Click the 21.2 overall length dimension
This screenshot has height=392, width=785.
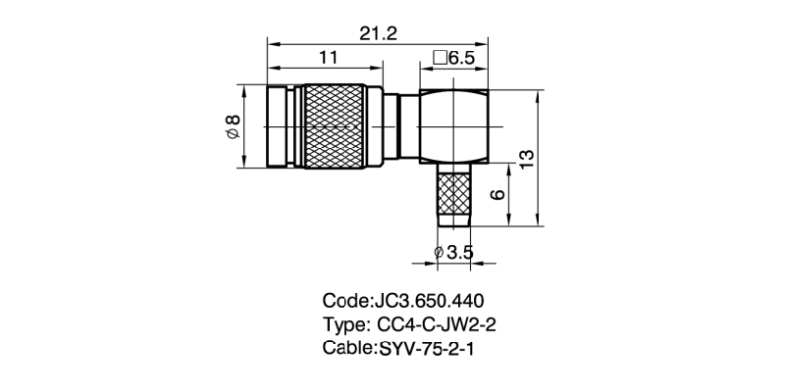click(378, 34)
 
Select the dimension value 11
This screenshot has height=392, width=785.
click(329, 58)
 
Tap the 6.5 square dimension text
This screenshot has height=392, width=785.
click(460, 59)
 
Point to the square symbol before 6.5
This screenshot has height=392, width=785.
click(440, 59)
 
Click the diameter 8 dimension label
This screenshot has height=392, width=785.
click(234, 126)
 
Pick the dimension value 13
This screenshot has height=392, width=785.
click(526, 159)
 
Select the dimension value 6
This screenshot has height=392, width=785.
click(497, 194)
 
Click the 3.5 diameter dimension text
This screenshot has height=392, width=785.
click(460, 253)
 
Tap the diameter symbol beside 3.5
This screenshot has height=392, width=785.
click(439, 253)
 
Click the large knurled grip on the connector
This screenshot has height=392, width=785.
click(334, 126)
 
